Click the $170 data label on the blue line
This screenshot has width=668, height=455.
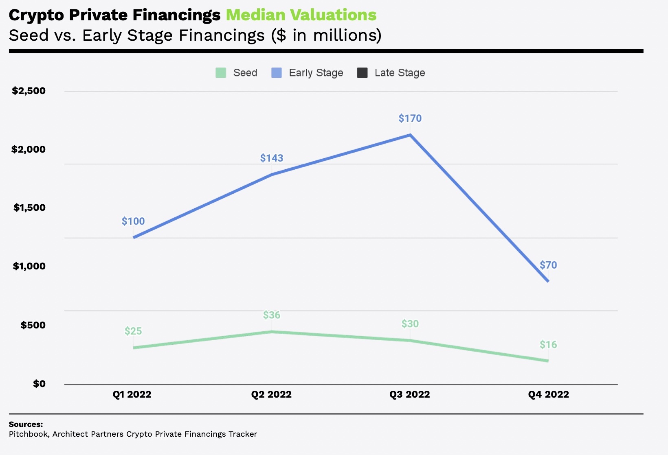coord(410,118)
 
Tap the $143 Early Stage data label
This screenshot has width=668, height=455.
coord(272,158)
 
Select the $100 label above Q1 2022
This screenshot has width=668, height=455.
coord(133,221)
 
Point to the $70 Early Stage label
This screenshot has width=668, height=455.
coord(548,265)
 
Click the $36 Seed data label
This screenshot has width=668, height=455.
coord(272,315)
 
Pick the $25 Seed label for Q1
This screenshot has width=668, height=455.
coord(133,331)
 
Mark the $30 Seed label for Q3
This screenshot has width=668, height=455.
coord(410,324)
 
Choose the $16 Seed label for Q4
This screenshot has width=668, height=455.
coord(548,345)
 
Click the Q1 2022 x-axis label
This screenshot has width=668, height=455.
coord(132,394)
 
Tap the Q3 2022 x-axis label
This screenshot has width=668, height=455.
coord(410,394)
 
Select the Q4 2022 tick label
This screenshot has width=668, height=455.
coord(548,394)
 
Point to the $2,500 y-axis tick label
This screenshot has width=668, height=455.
coord(29,91)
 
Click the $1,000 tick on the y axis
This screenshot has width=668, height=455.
coord(29,266)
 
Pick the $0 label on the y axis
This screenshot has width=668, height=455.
coord(39,384)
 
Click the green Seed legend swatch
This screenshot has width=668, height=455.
coord(221,73)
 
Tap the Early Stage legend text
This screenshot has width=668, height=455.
coord(316,73)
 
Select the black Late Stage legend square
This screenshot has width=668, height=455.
coord(362,73)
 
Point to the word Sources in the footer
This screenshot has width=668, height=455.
coord(26,424)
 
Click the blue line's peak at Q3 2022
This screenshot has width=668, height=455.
coord(410,135)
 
